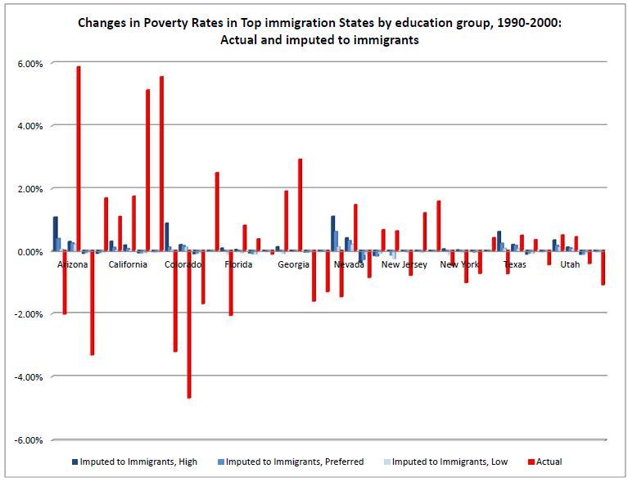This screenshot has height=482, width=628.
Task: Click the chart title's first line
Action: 319,23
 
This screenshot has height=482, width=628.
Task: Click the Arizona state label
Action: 73,265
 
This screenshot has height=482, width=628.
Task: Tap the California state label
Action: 128,265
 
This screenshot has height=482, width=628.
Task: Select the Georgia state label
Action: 293,265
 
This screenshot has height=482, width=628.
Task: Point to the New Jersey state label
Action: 403,265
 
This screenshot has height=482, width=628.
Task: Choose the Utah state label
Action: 570,265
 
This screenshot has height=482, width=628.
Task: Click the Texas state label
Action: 515,265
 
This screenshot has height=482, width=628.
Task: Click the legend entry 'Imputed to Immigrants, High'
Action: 138,462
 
